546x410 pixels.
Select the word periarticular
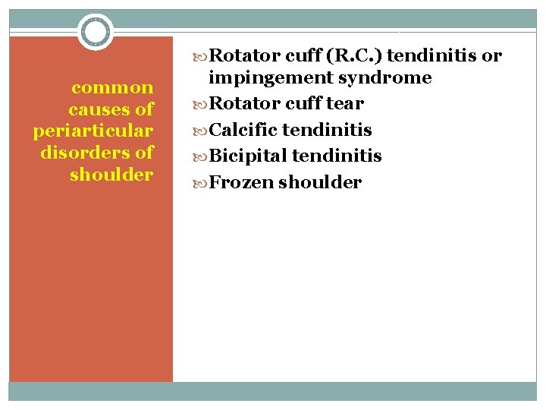point(93,131)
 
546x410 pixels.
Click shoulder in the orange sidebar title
point(111,175)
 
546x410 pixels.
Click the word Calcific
point(243,130)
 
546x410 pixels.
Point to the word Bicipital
point(247,156)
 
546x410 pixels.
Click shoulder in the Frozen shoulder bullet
point(320,183)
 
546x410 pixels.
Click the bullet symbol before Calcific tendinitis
point(201,130)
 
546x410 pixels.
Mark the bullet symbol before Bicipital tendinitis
point(201,156)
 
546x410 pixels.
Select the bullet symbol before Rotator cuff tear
point(201,103)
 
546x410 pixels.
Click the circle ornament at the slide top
point(96,32)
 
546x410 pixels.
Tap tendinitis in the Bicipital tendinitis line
point(337,156)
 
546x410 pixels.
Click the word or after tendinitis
point(491,55)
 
